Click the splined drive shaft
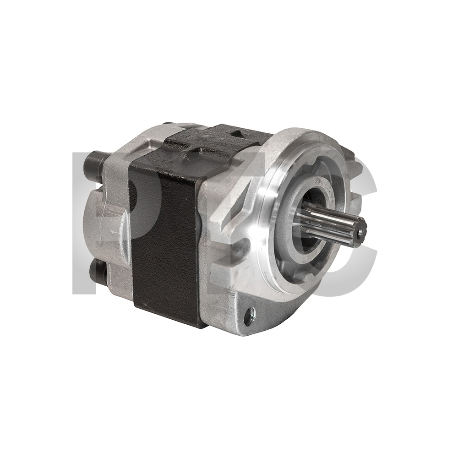click(x=333, y=222)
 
